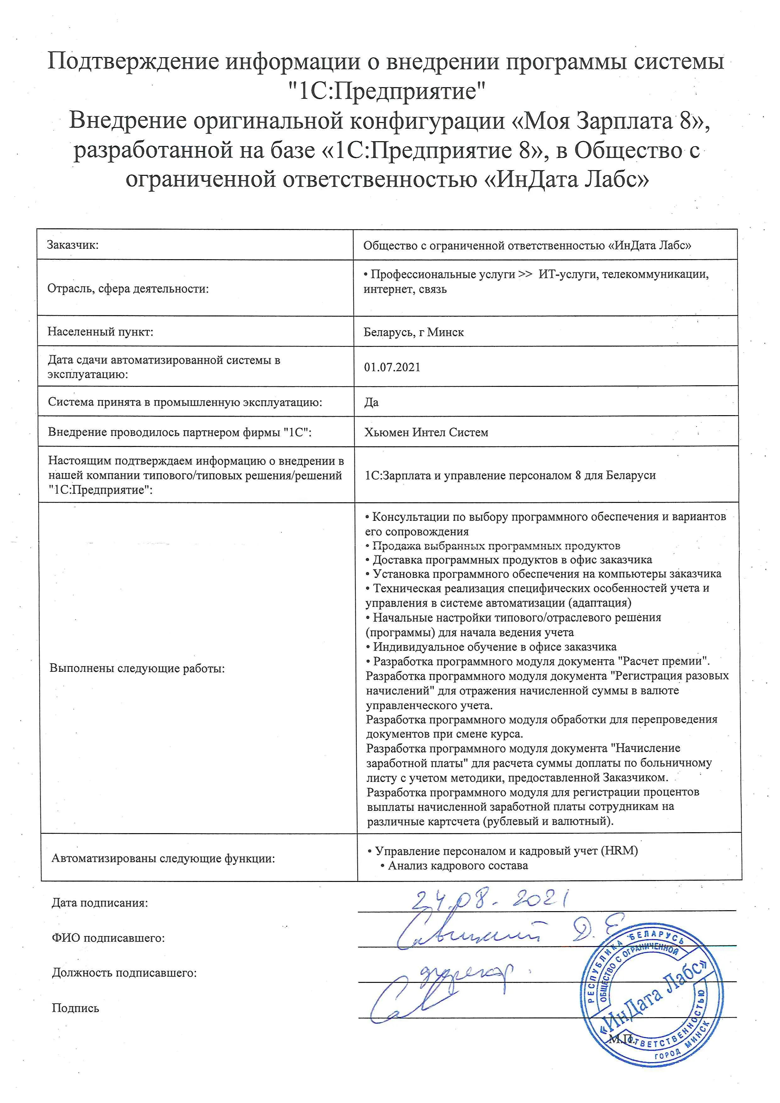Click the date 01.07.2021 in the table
coord(392,367)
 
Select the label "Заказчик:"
coord(73,245)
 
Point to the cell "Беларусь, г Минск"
coord(414,332)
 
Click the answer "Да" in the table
coord(371,402)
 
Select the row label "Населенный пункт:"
coord(100,332)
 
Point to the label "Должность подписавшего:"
coord(124,973)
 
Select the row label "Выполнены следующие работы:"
coord(137,668)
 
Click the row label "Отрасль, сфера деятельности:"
coord(128,289)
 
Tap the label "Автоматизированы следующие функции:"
coord(163,859)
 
